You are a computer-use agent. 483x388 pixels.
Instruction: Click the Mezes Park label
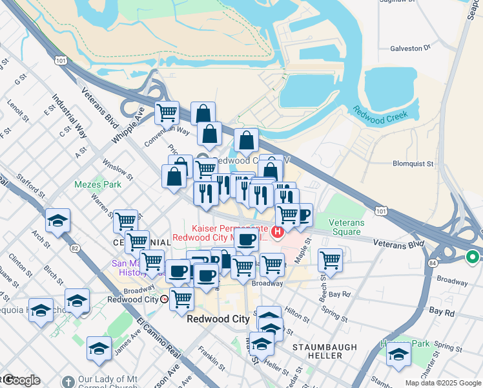tap(88, 184)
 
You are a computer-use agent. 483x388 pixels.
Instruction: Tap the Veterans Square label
tap(346, 227)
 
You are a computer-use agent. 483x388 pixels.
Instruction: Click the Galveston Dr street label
tap(410, 48)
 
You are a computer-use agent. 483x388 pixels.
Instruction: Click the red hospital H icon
tap(278, 232)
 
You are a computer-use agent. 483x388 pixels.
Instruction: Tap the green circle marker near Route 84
tap(472, 257)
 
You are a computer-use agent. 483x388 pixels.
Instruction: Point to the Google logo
tap(21, 380)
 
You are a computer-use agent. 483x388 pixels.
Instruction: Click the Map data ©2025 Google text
tap(443, 383)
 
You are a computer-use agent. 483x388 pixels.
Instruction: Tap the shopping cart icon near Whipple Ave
tap(167, 113)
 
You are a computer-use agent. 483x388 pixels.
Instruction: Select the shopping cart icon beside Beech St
tap(330, 259)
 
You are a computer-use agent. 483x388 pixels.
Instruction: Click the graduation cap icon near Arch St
tap(57, 220)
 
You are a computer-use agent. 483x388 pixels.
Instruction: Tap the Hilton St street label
tap(296, 314)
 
